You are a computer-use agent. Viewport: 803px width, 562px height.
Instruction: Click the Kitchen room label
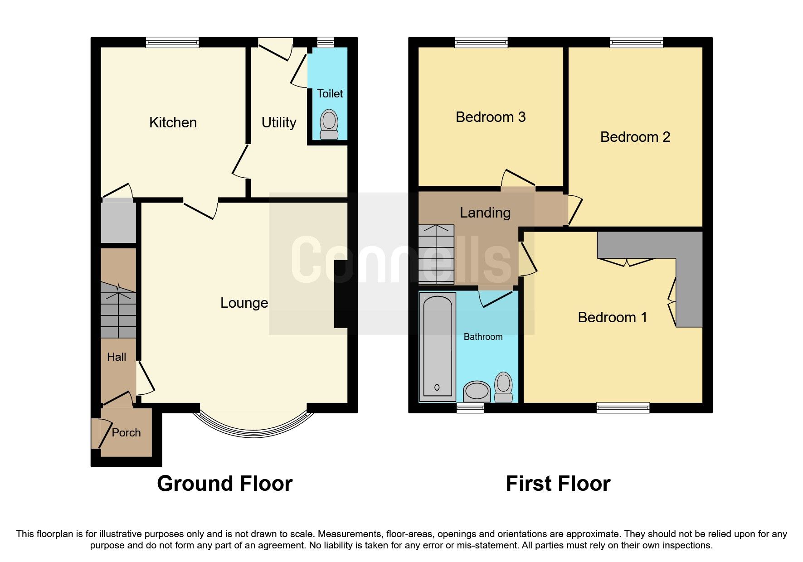[x=173, y=123]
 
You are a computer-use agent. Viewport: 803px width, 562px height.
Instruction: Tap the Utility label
[x=278, y=123]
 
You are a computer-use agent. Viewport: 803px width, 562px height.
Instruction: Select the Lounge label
[x=244, y=303]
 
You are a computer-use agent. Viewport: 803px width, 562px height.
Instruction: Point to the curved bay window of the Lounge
[x=253, y=430]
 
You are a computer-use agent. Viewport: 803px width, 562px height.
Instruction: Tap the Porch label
[x=126, y=433]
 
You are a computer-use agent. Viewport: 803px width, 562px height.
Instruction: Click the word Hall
[x=117, y=357]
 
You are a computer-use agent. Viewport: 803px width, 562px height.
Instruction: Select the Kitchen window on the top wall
[x=172, y=43]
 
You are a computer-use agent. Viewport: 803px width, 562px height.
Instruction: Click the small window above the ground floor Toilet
[x=325, y=43]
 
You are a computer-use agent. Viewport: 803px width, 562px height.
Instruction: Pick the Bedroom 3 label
[x=490, y=117]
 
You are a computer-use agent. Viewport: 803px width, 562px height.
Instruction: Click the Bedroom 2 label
[x=635, y=137]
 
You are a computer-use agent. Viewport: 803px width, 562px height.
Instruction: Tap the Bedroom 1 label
[x=612, y=318]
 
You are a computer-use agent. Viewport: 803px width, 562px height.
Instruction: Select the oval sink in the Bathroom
[x=477, y=391]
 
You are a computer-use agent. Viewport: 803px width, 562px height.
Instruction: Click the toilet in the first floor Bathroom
[x=503, y=387]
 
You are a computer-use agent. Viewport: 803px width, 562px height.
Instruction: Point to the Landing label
[x=485, y=213]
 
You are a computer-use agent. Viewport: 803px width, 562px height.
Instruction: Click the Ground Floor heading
[x=224, y=484]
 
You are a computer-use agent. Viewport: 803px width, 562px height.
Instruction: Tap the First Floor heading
[x=558, y=484]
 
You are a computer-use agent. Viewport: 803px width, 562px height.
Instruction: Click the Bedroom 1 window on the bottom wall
[x=623, y=408]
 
